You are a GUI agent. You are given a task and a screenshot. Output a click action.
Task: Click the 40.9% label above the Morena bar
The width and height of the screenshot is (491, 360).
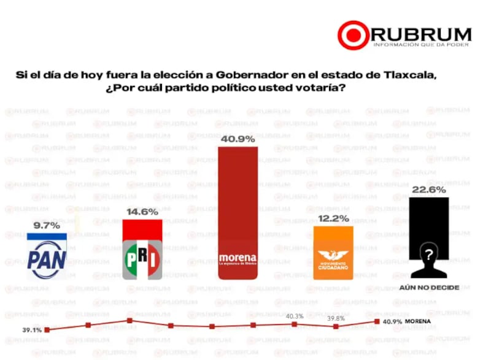coord(238,139)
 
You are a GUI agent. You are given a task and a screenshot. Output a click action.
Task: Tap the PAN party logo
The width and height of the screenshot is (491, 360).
coord(50,256)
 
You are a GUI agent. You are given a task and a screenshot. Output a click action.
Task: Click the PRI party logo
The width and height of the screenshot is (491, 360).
coord(142,258)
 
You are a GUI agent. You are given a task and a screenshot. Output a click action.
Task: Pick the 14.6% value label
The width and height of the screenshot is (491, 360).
coord(142,212)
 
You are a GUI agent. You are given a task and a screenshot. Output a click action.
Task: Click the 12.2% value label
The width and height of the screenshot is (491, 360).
coord(333,218)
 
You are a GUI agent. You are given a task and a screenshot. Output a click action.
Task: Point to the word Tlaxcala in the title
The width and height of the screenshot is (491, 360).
coord(415,75)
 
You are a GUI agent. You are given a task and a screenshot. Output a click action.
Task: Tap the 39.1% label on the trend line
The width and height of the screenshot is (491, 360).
coord(32,330)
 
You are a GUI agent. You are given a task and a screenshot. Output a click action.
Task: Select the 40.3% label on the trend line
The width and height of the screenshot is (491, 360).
coord(295,316)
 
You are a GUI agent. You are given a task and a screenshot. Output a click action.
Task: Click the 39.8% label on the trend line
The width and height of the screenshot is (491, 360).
coord(336,318)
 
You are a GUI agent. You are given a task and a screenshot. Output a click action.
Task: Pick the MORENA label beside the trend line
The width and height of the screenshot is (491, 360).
coord(417,321)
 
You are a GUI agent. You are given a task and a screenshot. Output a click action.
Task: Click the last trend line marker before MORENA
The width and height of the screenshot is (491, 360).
coord(376,321)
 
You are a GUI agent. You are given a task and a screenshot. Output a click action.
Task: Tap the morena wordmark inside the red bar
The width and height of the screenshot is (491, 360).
coord(237,257)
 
